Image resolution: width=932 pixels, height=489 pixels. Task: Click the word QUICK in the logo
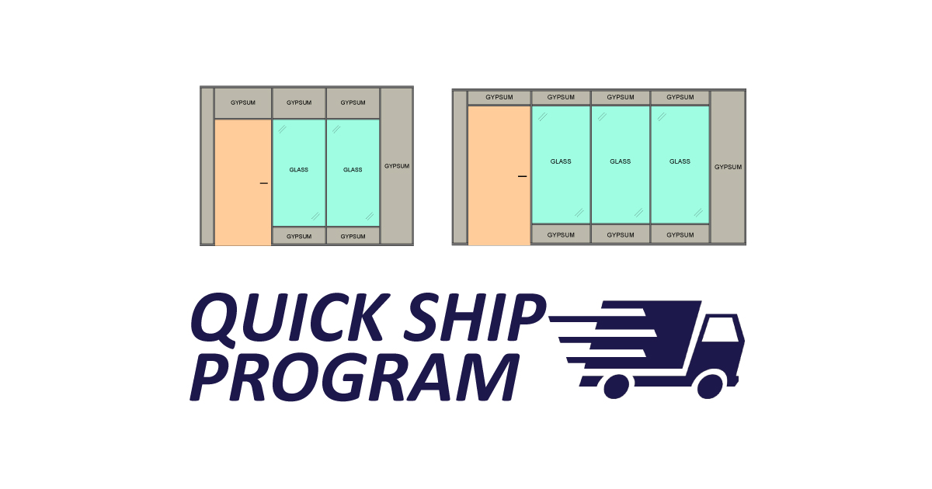click(290, 319)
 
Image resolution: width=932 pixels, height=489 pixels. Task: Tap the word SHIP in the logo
click(475, 317)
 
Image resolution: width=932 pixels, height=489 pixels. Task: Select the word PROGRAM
click(354, 377)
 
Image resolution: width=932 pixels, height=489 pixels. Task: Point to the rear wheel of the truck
click(616, 387)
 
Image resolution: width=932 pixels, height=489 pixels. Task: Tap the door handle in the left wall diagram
click(264, 183)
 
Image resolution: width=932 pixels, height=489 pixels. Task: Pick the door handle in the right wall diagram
click(522, 176)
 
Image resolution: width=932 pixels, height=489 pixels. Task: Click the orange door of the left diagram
click(243, 182)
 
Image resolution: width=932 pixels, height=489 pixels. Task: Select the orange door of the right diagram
click(499, 175)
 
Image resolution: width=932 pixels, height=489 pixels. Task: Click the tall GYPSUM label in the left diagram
click(397, 166)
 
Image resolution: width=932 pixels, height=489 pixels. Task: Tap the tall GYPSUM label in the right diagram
click(729, 167)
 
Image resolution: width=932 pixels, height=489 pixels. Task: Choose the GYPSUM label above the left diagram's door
click(243, 102)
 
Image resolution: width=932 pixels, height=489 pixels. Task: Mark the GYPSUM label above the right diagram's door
click(499, 97)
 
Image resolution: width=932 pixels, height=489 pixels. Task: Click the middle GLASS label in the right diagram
click(621, 161)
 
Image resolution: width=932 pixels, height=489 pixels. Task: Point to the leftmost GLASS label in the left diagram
click(299, 170)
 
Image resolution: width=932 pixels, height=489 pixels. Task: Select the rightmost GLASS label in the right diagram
click(680, 161)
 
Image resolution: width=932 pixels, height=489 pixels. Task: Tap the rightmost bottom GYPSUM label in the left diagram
click(353, 237)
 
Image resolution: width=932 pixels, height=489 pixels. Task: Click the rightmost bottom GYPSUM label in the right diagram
click(680, 235)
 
